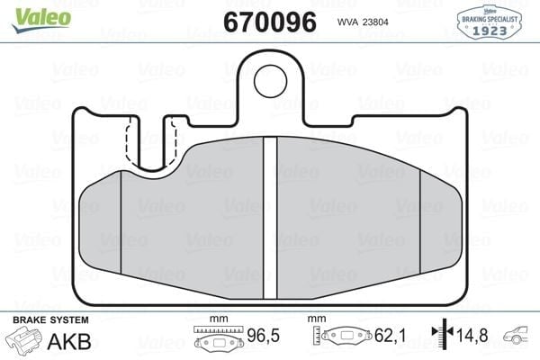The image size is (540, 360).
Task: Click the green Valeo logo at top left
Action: [x=41, y=20]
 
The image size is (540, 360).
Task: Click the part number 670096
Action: [x=270, y=22]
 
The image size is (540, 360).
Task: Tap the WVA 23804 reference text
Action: [x=363, y=22]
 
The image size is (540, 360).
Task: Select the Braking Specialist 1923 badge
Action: [x=489, y=22]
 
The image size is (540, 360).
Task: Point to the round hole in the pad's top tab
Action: [x=270, y=81]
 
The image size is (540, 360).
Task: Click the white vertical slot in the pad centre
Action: [x=270, y=218]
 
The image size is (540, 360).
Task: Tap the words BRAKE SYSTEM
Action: [x=50, y=320]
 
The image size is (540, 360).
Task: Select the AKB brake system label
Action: [x=69, y=341]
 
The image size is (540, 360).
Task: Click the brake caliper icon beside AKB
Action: [x=23, y=338]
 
